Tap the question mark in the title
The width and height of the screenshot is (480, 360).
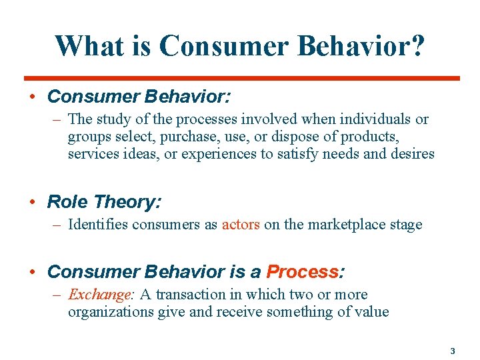pyautogui.click(x=415, y=46)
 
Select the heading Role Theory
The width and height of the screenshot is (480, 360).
pyautogui.click(x=104, y=201)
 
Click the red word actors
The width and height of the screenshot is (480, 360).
pyautogui.click(x=241, y=225)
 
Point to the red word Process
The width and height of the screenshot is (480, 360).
pyautogui.click(x=302, y=272)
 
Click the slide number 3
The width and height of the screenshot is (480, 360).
pyautogui.click(x=452, y=351)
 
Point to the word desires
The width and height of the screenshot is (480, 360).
pyautogui.click(x=412, y=154)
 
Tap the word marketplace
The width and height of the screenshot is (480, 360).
pyautogui.click(x=338, y=225)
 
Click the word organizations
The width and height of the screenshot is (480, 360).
pyautogui.click(x=111, y=312)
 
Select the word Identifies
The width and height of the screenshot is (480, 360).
pyautogui.click(x=97, y=225)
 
